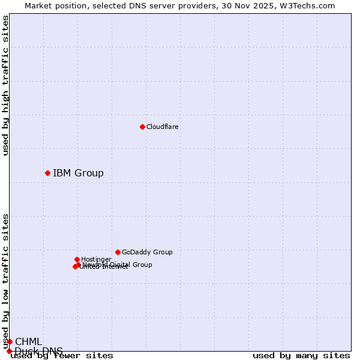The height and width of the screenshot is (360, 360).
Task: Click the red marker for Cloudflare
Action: (x=142, y=127)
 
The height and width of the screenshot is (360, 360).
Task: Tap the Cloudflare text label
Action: (x=163, y=127)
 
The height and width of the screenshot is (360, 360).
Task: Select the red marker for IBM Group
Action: (x=47, y=173)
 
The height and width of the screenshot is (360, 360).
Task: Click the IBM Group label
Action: (x=78, y=173)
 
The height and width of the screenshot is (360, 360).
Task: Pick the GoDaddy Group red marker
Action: (x=118, y=252)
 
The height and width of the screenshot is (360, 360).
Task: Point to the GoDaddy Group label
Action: (x=147, y=253)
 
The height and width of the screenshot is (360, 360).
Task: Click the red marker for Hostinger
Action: (x=77, y=259)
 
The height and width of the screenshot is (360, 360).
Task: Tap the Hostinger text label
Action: (x=96, y=260)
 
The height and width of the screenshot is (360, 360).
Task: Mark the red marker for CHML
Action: (x=10, y=341)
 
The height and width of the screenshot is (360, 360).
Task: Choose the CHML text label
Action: (x=29, y=342)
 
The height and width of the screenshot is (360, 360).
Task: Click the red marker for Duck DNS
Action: (x=9, y=351)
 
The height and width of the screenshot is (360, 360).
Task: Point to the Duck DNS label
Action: (x=39, y=351)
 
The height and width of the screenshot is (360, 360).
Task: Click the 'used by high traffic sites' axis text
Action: (x=5, y=85)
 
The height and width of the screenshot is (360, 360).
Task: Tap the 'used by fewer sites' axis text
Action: (x=62, y=356)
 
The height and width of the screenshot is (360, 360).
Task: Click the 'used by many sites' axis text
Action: (x=301, y=356)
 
